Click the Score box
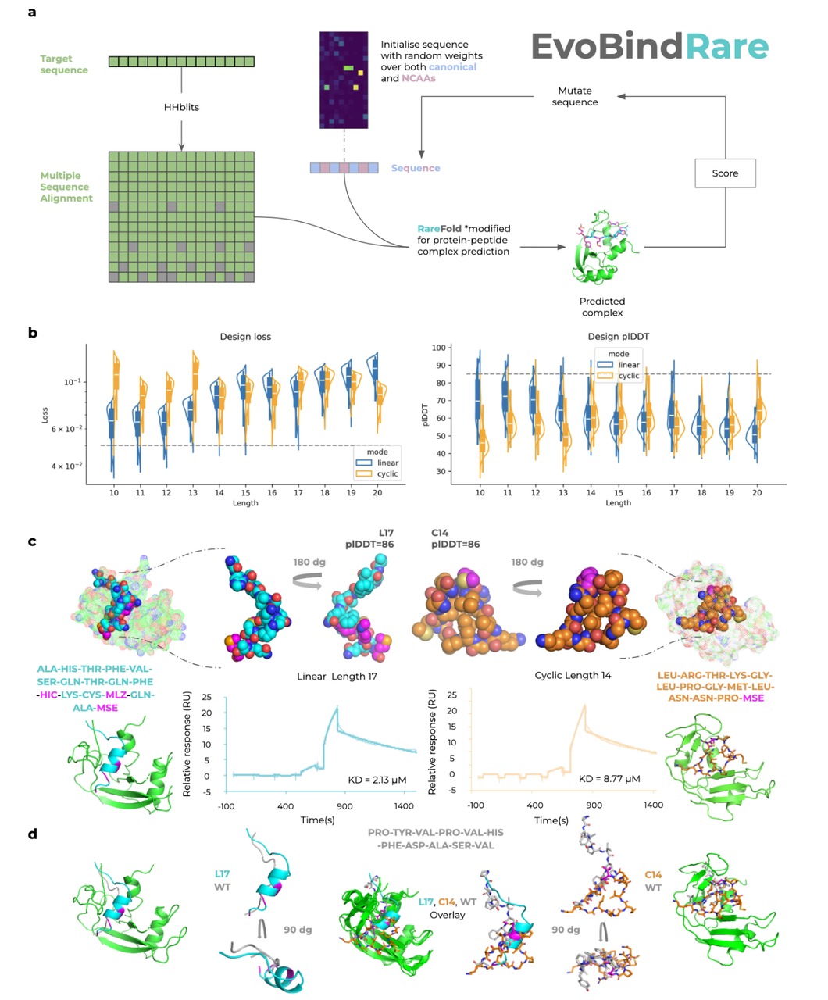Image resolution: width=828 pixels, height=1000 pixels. [x=725, y=173]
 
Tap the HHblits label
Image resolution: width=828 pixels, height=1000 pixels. [x=181, y=107]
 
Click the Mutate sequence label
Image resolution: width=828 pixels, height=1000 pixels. [x=575, y=96]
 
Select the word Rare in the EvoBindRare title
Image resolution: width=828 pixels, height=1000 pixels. [x=726, y=47]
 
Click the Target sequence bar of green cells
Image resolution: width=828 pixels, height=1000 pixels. [x=181, y=61]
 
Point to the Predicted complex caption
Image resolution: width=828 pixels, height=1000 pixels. [x=601, y=306]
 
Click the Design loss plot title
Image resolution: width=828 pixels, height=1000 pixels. [x=245, y=337]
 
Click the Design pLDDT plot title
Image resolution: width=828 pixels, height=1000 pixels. [x=618, y=337]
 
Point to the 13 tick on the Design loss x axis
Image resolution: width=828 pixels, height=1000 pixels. [x=192, y=493]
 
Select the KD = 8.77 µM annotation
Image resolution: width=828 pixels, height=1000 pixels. [x=609, y=779]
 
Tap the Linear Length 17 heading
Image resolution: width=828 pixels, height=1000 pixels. [x=337, y=676]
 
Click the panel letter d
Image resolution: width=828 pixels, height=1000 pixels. [x=32, y=834]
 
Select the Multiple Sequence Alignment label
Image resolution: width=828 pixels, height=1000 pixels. [x=66, y=187]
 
